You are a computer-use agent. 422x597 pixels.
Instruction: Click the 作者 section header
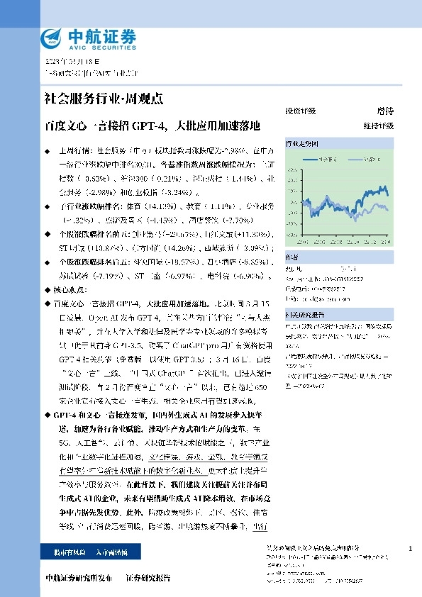click(291, 257)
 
